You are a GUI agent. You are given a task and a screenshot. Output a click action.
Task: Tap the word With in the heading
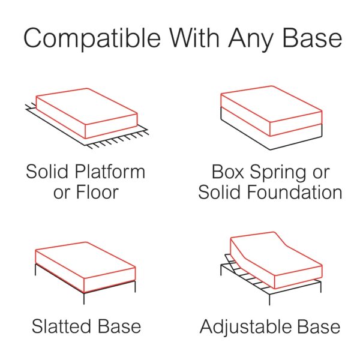pyautogui.click(x=194, y=37)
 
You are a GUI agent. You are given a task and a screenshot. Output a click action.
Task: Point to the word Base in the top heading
pyautogui.click(x=312, y=38)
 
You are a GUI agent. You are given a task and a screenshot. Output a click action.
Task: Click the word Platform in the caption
pyautogui.click(x=110, y=172)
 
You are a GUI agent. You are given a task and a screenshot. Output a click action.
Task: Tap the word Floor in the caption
pyautogui.click(x=97, y=192)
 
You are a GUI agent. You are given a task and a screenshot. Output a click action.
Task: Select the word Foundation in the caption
pyautogui.click(x=295, y=192)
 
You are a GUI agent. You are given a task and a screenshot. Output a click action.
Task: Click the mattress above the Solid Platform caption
pyautogui.click(x=86, y=113)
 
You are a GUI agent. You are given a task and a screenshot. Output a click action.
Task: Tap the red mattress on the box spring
pyautogui.click(x=271, y=111)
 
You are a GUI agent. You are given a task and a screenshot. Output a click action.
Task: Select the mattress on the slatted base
pyautogui.click(x=85, y=267)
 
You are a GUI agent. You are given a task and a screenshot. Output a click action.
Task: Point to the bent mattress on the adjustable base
pyautogui.click(x=276, y=260)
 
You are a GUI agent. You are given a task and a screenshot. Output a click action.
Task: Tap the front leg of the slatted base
pyautogui.click(x=84, y=299)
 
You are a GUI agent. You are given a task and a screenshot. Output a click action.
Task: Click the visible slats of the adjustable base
pyautogui.click(x=245, y=273)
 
